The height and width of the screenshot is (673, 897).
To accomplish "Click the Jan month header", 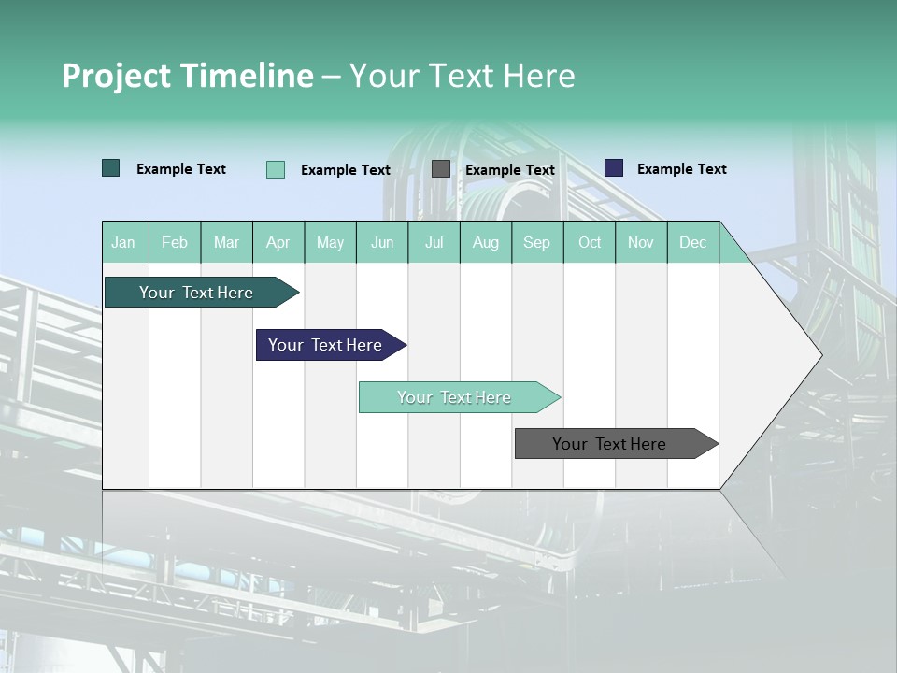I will [x=123, y=242].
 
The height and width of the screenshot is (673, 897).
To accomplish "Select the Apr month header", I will [x=278, y=242].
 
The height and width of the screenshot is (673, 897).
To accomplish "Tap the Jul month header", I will [x=434, y=242].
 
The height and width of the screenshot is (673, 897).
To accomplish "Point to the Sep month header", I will [x=536, y=242].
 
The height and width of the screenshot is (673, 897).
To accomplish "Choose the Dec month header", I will [x=692, y=242].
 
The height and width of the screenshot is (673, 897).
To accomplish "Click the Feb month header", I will [x=175, y=242].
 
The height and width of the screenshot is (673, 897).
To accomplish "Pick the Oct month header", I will [x=590, y=242].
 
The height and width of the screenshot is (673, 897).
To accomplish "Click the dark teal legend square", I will [x=111, y=168].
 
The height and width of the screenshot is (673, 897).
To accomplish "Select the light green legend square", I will [x=276, y=169].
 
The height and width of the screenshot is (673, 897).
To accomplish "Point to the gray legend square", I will [x=441, y=169].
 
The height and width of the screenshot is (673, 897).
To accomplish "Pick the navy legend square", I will [x=614, y=168].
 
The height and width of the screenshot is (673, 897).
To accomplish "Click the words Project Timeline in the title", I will [x=188, y=76].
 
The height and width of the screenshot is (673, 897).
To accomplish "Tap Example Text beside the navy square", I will [x=681, y=169].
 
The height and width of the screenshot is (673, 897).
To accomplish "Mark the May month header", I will [x=330, y=242].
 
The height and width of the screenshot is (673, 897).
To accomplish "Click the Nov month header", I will [x=641, y=242].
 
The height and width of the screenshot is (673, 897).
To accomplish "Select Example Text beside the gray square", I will [x=509, y=170].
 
